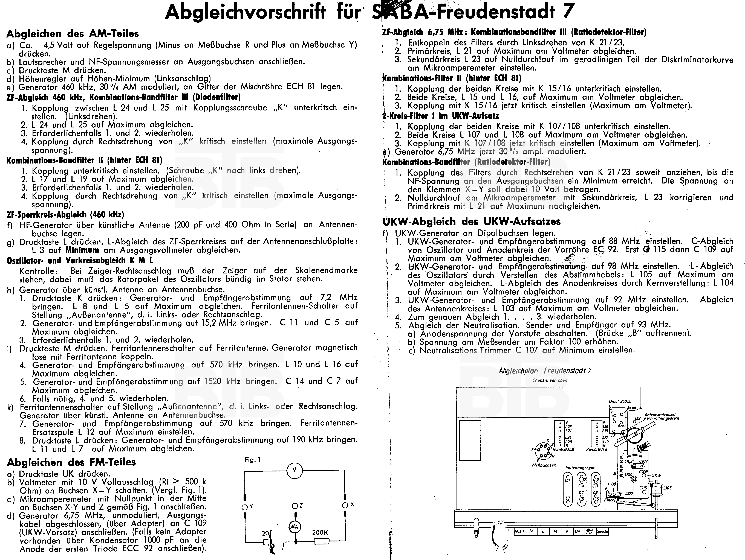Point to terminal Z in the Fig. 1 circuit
coord(295,506)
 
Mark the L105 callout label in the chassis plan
coord(667,488)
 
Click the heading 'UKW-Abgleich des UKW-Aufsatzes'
coord(472,221)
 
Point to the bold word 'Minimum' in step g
coord(82,250)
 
